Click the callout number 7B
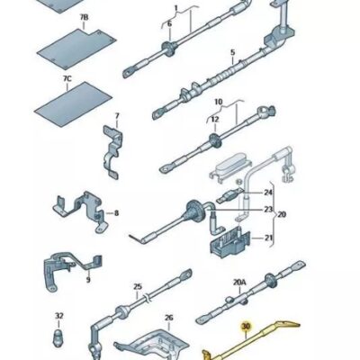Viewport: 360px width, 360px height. tap(85, 18)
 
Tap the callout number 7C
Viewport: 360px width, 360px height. tap(67, 79)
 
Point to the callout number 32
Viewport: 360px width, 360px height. tap(59, 316)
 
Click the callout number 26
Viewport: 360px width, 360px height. tap(169, 318)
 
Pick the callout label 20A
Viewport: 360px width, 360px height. tap(239, 282)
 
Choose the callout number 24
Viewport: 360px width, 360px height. tap(268, 193)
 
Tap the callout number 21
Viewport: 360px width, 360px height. tap(268, 238)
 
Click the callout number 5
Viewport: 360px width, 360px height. tap(233, 53)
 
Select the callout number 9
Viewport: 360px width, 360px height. tap(88, 280)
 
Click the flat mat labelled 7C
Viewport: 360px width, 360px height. tap(73, 104)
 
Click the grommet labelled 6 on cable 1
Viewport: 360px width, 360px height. tap(169, 49)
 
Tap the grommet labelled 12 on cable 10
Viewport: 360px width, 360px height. tap(215, 141)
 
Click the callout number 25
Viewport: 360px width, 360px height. tap(138, 287)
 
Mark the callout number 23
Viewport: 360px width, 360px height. tap(268, 209)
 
